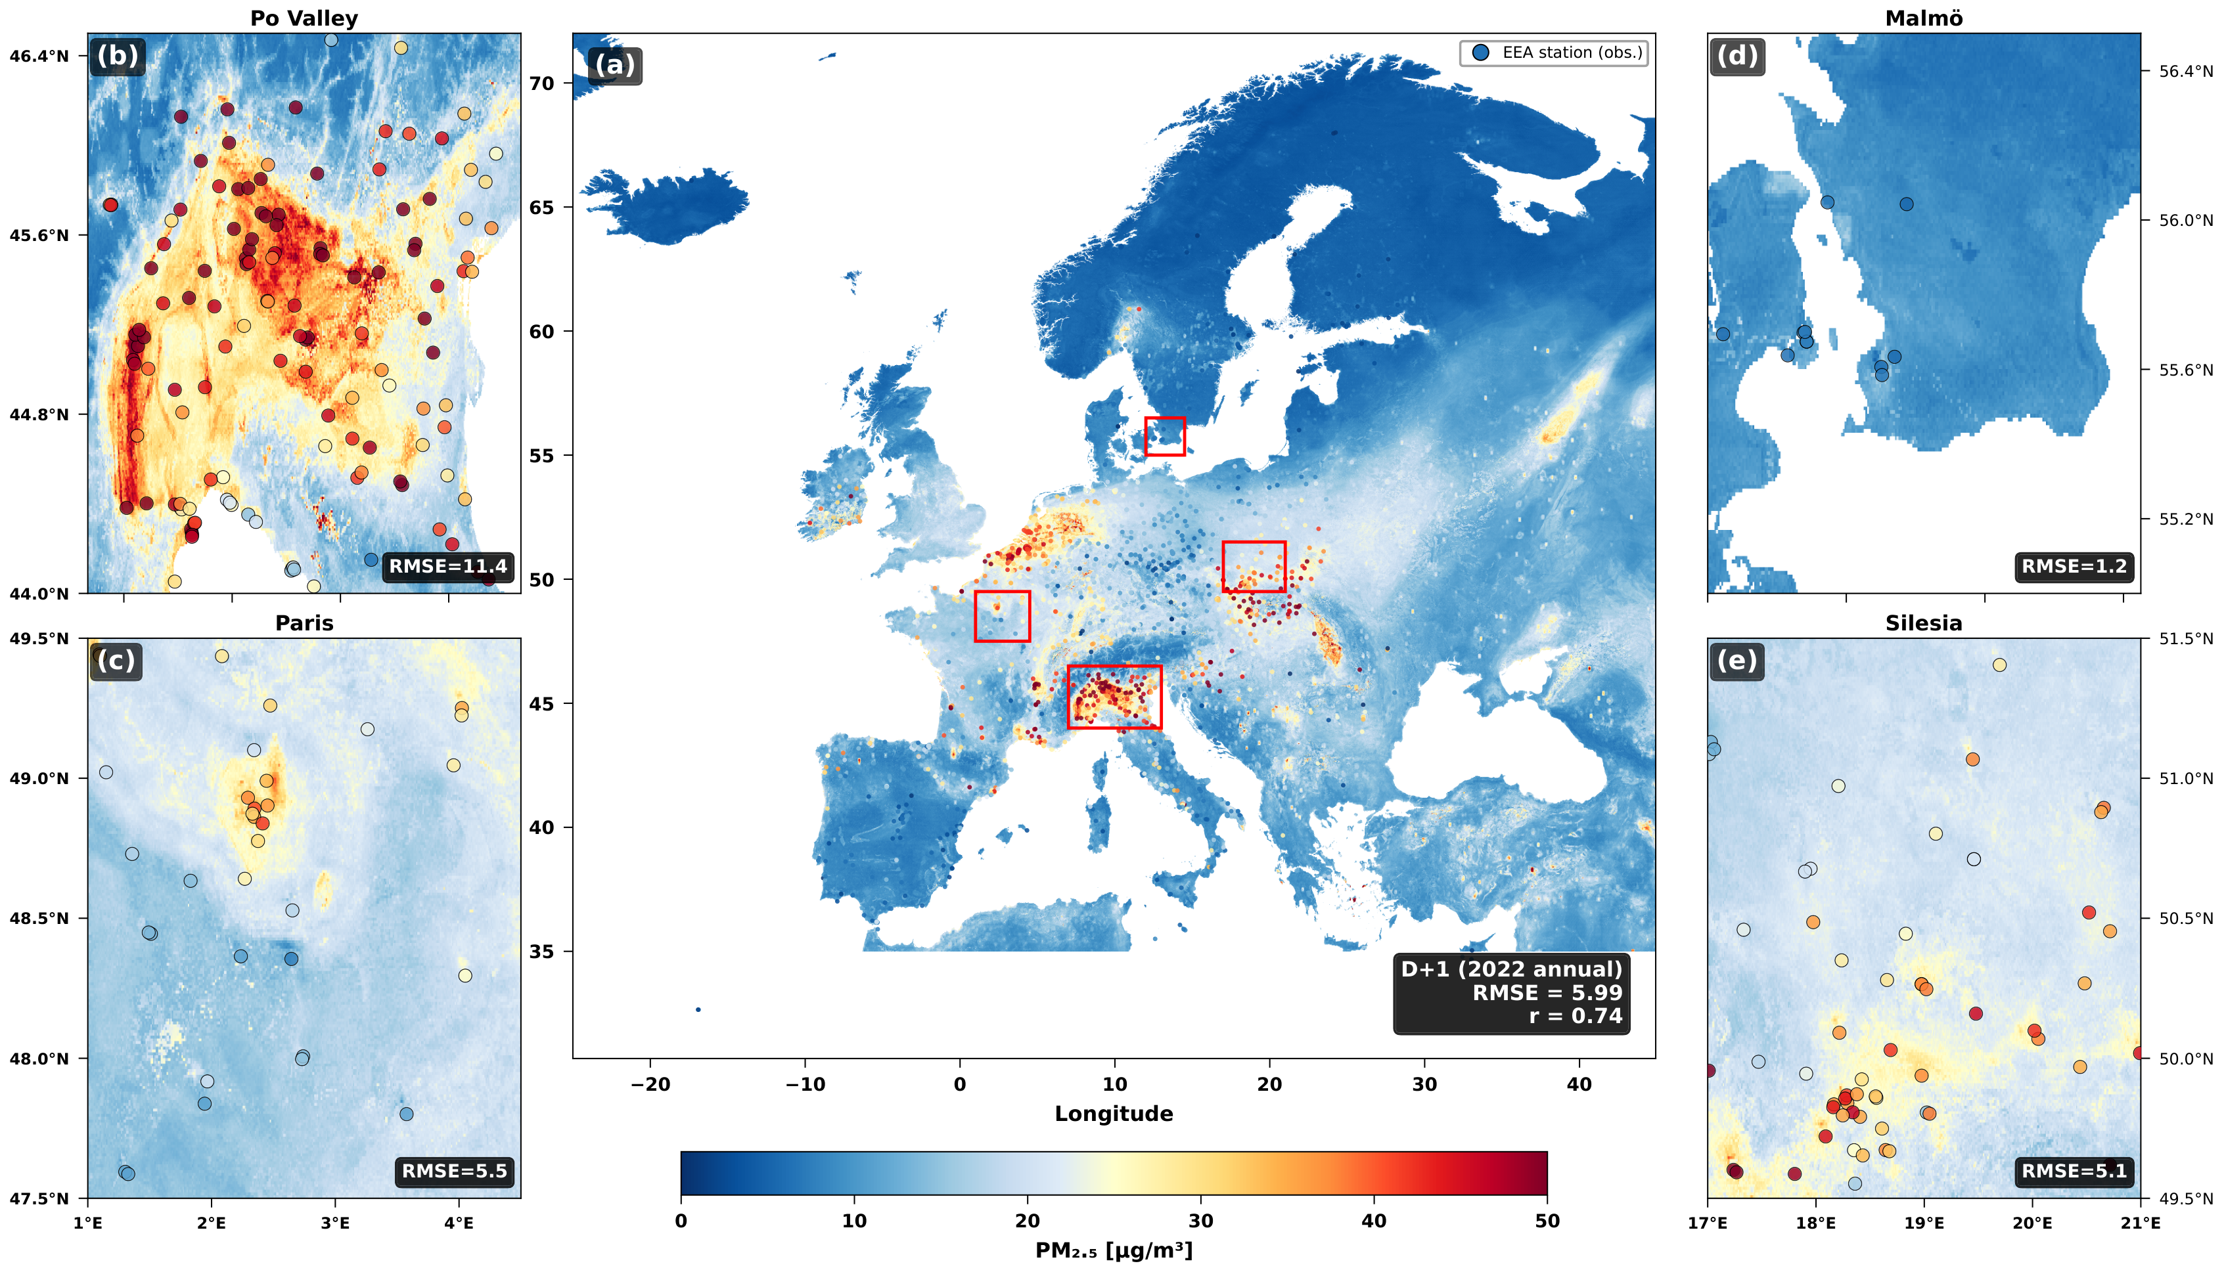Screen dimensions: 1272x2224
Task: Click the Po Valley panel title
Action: [304, 18]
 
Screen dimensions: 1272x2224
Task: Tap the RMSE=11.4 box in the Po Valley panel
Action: [447, 566]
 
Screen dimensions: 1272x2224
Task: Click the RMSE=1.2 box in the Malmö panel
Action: [2073, 566]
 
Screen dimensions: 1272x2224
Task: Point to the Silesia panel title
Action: [1922, 623]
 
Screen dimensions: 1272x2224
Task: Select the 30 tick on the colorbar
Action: [1201, 1221]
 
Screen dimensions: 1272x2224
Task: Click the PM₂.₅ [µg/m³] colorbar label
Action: [1113, 1251]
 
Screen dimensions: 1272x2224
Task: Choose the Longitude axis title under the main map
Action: [1113, 1113]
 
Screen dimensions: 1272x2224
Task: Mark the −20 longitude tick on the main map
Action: [650, 1084]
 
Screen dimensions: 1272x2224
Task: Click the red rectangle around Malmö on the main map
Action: [1165, 436]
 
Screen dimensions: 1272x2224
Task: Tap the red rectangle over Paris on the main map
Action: [1003, 616]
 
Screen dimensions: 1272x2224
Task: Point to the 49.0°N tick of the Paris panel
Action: [39, 778]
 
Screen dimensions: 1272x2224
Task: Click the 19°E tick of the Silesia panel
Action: [1923, 1223]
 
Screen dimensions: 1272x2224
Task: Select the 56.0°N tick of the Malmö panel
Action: [2185, 220]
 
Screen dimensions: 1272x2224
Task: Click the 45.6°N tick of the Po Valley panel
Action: [39, 236]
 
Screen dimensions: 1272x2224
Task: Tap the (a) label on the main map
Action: [615, 66]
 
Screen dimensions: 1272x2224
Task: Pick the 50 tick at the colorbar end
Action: [1547, 1221]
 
